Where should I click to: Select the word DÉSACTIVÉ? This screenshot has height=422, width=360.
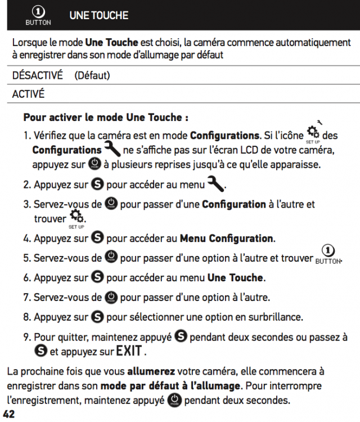pos(37,75)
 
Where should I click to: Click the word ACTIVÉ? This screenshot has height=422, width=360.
pos(28,93)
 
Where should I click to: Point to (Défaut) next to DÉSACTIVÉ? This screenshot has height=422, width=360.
pos(92,75)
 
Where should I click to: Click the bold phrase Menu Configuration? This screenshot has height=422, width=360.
pos(226,238)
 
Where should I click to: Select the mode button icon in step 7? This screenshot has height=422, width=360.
pos(111,297)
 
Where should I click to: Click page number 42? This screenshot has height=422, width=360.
pos(8,415)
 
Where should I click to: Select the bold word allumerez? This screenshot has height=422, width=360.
pos(151,371)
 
